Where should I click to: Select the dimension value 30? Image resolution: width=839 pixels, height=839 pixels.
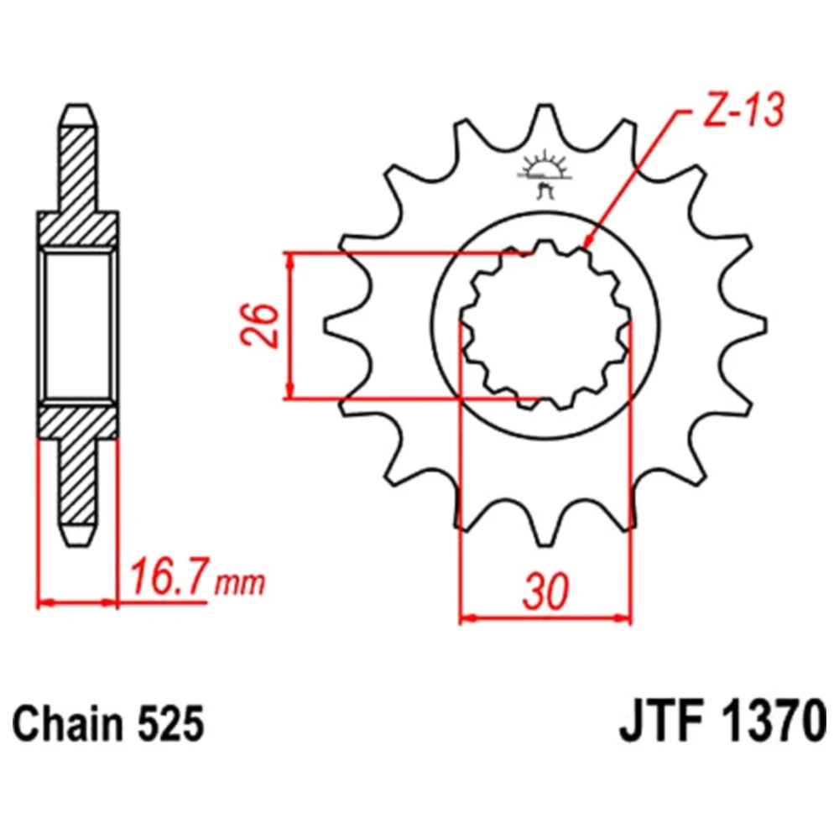point(545,591)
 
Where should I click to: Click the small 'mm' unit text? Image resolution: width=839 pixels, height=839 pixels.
point(240,583)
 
